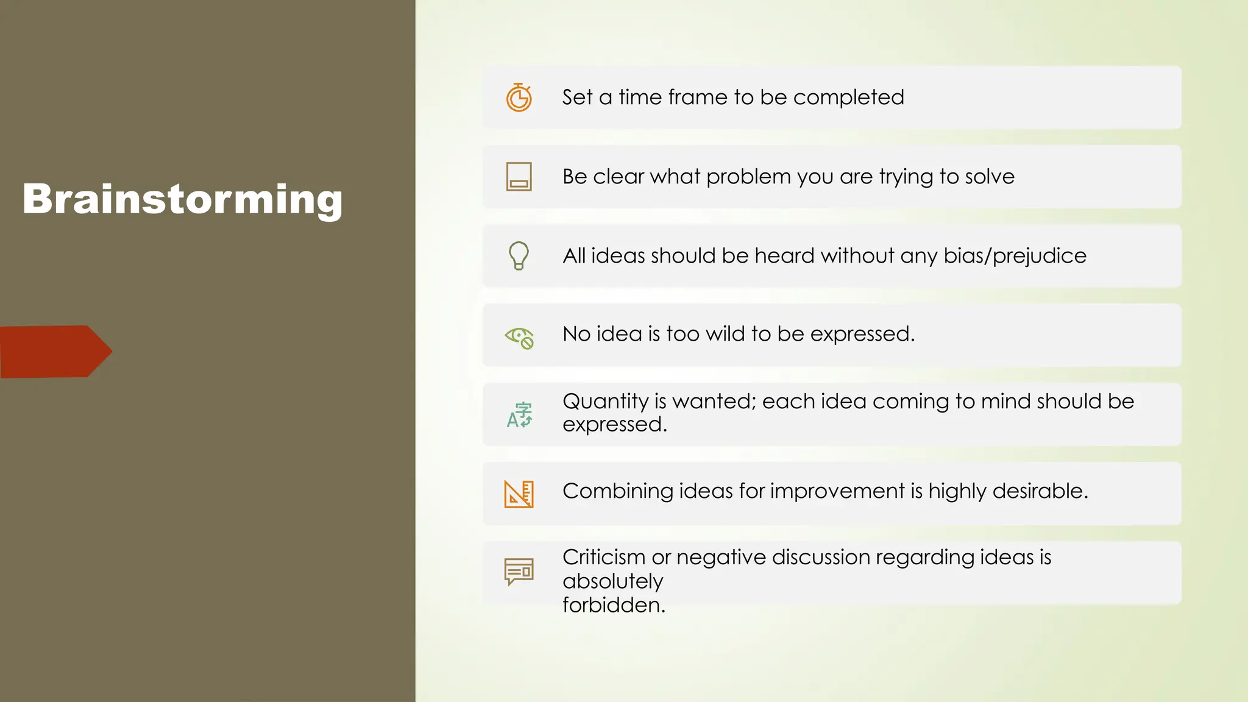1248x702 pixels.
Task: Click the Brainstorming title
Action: coord(182,199)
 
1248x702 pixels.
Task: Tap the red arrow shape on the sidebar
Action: coord(55,352)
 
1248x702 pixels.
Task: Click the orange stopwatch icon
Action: coord(519,97)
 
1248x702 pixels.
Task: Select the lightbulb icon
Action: coord(519,255)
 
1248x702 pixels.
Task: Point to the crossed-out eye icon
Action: coord(519,337)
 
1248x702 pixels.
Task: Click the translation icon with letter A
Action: coord(519,415)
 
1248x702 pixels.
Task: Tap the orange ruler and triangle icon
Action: coord(519,494)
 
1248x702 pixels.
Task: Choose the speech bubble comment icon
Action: coord(519,572)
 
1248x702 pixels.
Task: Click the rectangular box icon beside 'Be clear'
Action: coord(519,177)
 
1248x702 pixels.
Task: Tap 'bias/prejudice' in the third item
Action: coord(1015,256)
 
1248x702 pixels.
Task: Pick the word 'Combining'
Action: coord(617,491)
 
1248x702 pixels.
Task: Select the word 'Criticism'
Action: coord(603,557)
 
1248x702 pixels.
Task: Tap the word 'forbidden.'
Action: coord(614,605)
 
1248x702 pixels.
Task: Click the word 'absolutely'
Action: coord(612,581)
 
